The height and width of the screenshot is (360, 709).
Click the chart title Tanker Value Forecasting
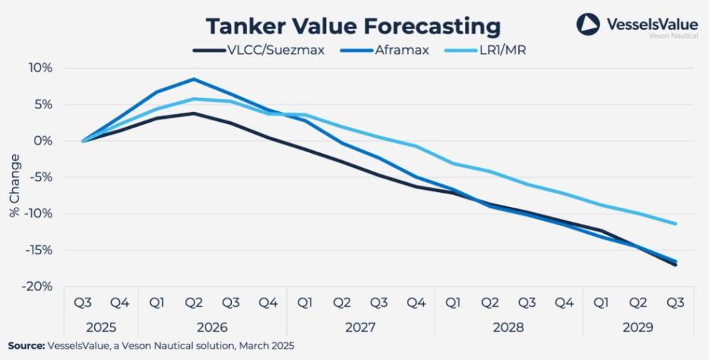(x=353, y=26)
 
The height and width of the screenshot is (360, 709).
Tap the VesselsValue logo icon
(x=588, y=24)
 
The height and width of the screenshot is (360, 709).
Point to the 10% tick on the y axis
(x=41, y=68)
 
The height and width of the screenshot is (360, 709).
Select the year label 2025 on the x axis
(x=101, y=328)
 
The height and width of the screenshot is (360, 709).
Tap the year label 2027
(x=360, y=328)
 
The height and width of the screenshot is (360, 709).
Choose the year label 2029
(x=638, y=328)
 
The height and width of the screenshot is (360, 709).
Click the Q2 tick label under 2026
(x=194, y=303)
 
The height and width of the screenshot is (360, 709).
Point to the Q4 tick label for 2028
(x=564, y=303)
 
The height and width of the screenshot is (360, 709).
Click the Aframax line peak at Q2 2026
(x=194, y=79)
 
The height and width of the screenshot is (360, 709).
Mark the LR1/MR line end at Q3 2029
(x=675, y=224)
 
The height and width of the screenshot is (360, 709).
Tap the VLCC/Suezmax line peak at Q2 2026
(x=194, y=113)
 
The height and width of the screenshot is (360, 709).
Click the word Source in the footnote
(x=26, y=346)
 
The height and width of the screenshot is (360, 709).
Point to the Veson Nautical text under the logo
(x=674, y=35)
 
